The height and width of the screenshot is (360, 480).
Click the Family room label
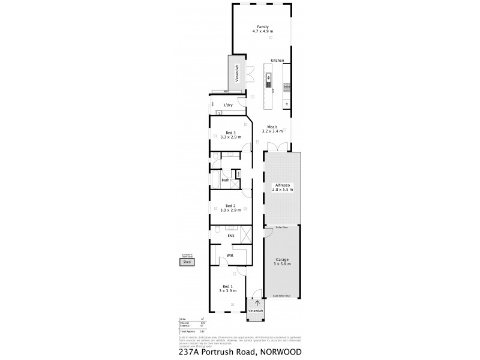point(262,29)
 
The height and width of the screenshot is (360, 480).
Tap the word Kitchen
point(277,61)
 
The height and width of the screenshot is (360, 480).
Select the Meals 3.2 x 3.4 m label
point(272,129)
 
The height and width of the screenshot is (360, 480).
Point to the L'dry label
point(228,106)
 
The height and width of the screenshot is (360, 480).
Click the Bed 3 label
point(229,135)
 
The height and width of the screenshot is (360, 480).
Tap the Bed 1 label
point(227,288)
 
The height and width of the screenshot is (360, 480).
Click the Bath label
point(226,180)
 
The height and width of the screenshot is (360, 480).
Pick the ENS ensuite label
point(230,236)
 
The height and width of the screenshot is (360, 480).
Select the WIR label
point(229,255)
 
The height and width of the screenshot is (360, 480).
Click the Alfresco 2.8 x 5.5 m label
point(283,187)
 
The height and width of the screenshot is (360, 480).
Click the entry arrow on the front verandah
point(257,304)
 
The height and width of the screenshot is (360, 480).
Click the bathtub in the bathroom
point(216,179)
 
